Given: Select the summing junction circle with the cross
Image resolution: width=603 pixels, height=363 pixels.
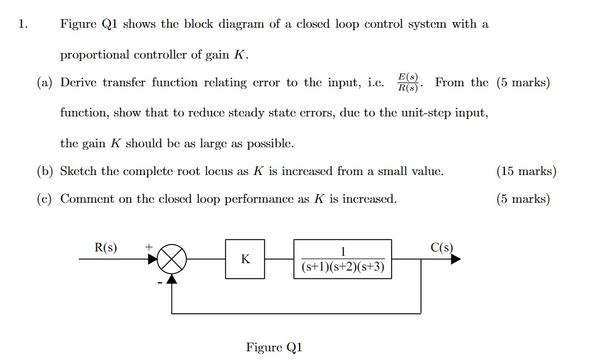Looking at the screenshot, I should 172,259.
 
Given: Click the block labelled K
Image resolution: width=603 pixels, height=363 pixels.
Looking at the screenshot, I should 245,259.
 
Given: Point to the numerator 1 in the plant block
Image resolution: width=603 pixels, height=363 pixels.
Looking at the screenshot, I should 343,251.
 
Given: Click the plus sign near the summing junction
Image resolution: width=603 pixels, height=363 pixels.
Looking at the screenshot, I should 148,247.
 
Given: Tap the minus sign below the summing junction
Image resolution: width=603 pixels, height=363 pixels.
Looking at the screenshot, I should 158,283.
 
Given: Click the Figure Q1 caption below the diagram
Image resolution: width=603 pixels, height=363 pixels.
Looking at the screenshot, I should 274,347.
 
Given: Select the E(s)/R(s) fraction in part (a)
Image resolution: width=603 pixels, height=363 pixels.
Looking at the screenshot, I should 408,83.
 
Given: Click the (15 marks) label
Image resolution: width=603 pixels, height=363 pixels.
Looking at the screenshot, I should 526,171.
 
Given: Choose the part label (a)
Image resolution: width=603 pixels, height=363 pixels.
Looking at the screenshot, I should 45,83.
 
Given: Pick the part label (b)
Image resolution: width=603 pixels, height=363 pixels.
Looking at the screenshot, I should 45,171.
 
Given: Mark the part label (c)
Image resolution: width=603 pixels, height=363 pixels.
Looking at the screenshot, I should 45,199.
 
